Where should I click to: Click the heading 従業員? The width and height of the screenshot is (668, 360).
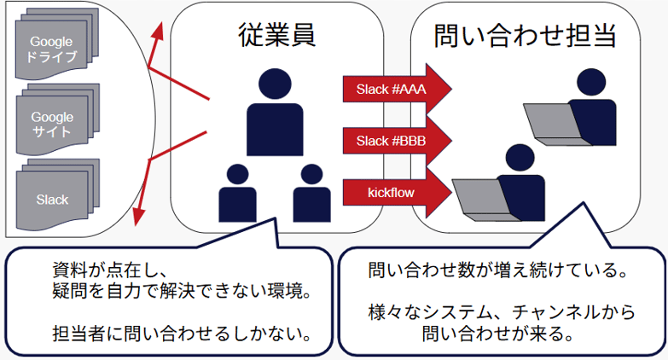coord(276,35)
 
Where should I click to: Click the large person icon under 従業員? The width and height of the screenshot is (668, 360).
coord(275,114)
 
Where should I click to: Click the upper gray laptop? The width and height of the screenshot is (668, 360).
coord(549,124)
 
